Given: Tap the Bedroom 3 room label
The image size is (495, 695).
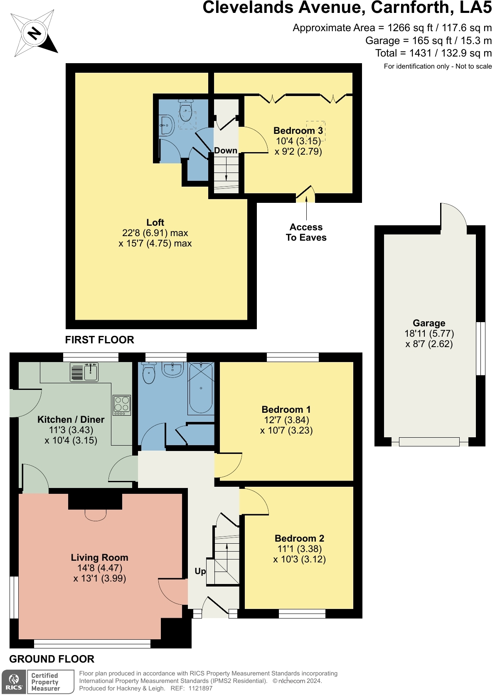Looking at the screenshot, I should (x=298, y=131).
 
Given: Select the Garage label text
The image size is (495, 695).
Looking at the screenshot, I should (x=429, y=323).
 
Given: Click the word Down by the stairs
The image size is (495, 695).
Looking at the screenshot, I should (x=226, y=150).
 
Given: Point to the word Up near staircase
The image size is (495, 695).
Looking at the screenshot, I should (x=200, y=571).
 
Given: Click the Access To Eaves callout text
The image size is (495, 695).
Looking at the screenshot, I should (x=306, y=232).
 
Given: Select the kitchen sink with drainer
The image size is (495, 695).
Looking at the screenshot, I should (x=84, y=372).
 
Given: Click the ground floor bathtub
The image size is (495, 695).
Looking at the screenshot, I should (x=201, y=389).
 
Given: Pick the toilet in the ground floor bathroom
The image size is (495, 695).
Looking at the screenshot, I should (x=149, y=373).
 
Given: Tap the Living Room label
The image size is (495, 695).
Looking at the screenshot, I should (x=99, y=557).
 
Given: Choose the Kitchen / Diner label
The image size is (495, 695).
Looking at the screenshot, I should (x=71, y=419).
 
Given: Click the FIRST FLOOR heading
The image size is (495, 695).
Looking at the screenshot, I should (x=100, y=340).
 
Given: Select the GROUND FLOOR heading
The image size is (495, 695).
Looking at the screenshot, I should (x=52, y=659).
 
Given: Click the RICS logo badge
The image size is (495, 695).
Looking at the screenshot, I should (x=14, y=682).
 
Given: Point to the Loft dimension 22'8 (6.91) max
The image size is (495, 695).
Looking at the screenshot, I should (x=155, y=233).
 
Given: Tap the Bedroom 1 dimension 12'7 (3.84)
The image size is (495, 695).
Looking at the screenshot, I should (x=286, y=420).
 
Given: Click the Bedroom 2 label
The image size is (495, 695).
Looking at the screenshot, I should (x=299, y=538).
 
